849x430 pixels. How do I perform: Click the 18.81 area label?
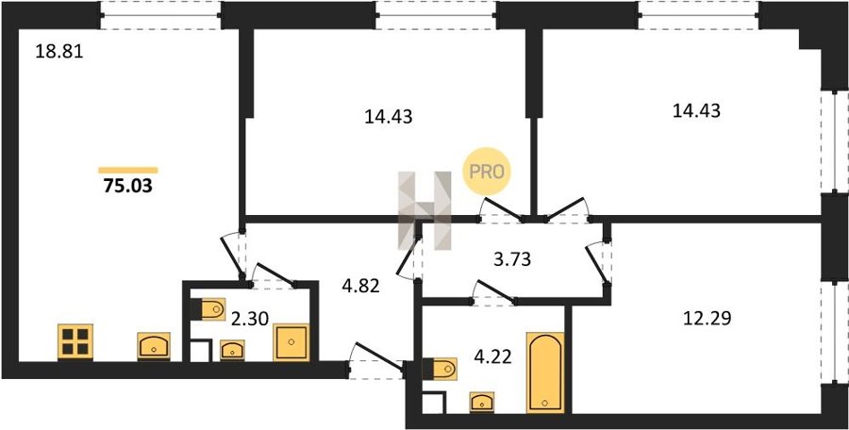(59, 52)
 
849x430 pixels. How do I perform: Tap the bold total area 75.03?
(127, 187)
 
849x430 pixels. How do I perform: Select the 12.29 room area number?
(707, 319)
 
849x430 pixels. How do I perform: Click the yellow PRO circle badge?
(486, 171)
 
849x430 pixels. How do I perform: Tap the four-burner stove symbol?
(75, 341)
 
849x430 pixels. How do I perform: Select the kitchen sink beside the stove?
(154, 346)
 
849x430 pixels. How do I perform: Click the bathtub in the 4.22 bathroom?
(545, 372)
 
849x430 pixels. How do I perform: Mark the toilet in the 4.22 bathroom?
(440, 370)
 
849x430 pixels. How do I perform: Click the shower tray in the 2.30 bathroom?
(291, 342)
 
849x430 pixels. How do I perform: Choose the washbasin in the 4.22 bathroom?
(482, 403)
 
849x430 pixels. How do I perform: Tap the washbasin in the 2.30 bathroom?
(232, 351)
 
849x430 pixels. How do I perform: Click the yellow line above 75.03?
(128, 170)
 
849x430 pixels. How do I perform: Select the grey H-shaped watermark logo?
(424, 210)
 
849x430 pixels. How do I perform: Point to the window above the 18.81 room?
(160, 15)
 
